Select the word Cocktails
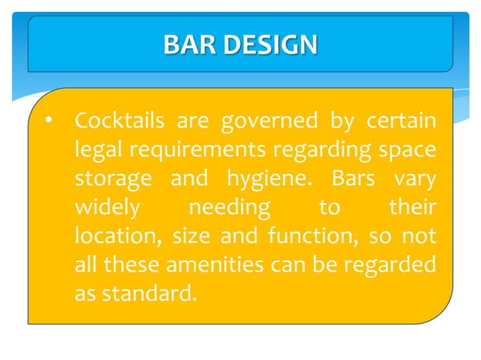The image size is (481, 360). pyautogui.click(x=118, y=121)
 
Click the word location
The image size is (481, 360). pyautogui.click(x=118, y=236)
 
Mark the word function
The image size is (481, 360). pyautogui.click(x=302, y=236)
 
